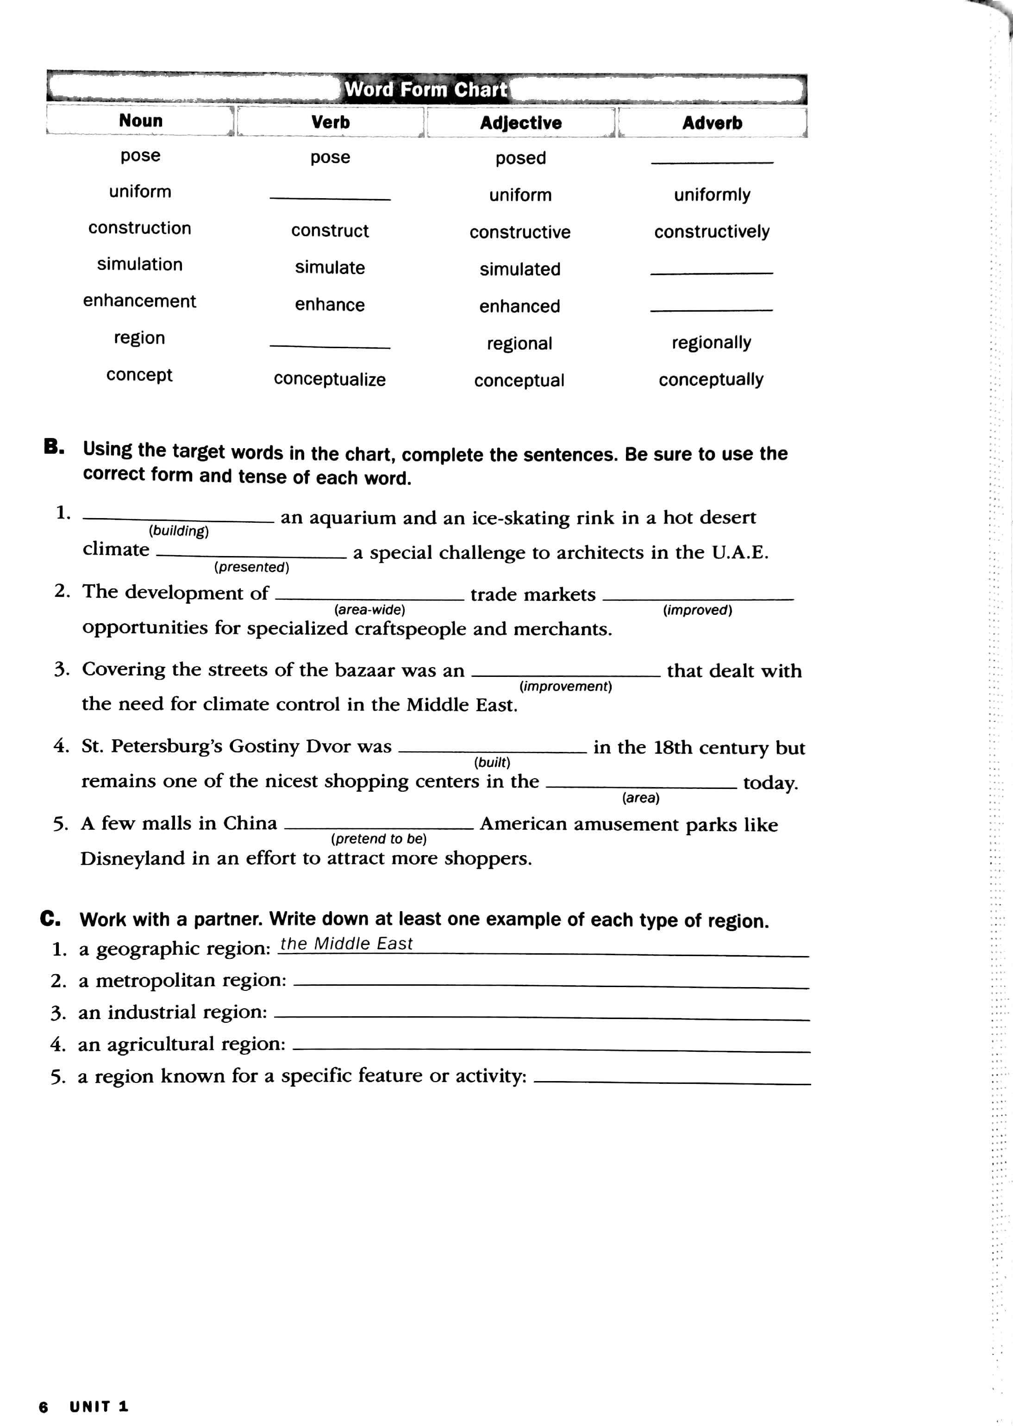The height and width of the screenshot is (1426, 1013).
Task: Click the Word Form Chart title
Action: [x=426, y=89]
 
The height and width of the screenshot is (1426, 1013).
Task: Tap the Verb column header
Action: [x=330, y=122]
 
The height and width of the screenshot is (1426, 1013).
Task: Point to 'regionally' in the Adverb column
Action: [x=711, y=343]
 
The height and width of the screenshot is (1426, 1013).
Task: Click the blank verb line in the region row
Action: [x=330, y=346]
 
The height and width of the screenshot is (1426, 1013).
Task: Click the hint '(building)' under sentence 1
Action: [x=178, y=531]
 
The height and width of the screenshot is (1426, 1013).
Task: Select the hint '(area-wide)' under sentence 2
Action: [x=369, y=609]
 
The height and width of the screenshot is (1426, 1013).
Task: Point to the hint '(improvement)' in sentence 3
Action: [x=565, y=686]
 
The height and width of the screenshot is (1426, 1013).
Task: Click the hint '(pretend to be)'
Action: [x=379, y=838]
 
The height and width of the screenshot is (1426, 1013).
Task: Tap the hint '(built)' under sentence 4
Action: [x=492, y=762]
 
